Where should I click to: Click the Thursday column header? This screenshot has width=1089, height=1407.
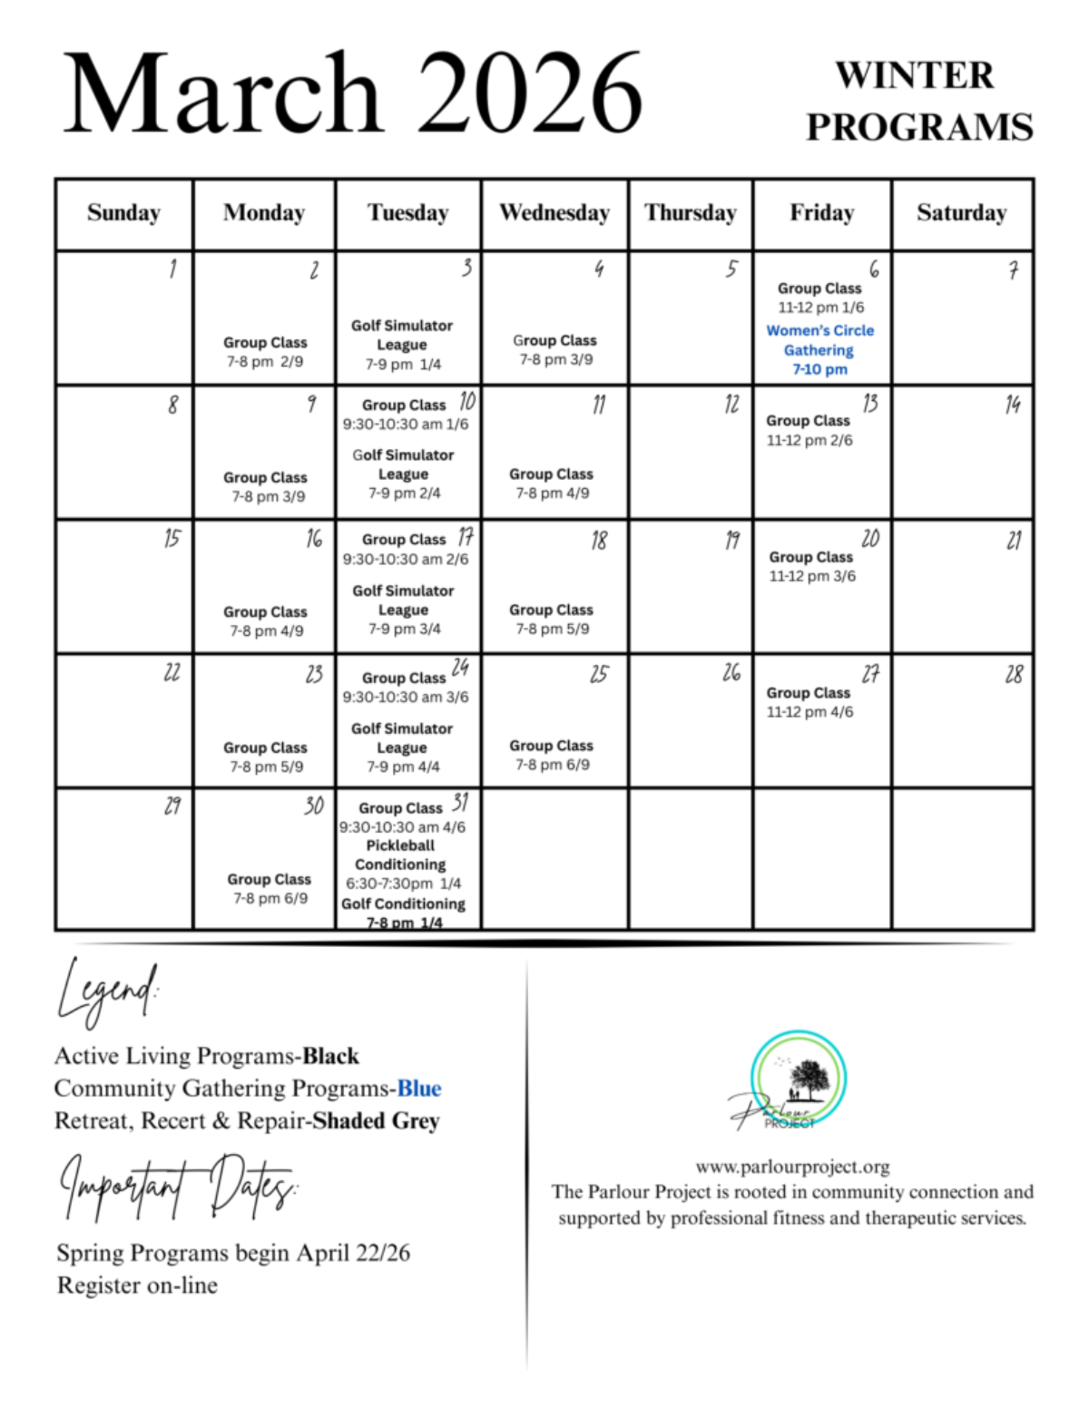[690, 213]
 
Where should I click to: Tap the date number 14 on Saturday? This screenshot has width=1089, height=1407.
[1013, 405]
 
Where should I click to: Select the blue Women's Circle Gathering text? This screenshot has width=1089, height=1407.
[819, 349]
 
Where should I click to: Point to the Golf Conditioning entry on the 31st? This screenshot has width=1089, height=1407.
[403, 913]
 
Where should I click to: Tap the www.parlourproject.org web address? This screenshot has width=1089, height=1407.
[792, 1167]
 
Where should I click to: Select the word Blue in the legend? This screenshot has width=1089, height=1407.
[419, 1089]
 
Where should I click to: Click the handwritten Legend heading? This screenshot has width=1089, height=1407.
[107, 992]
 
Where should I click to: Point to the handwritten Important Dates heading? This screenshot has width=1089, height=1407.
[179, 1187]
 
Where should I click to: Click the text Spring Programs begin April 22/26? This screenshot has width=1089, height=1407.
[233, 1253]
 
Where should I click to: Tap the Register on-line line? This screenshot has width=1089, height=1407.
[137, 1285]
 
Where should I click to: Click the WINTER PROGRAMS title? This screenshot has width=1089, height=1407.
[918, 101]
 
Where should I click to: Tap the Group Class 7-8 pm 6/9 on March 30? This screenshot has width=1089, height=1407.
[270, 888]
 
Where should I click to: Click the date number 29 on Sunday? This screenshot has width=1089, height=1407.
[172, 806]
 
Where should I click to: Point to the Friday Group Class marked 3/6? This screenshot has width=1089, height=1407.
[812, 566]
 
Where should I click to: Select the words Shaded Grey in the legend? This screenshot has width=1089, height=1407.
[376, 1121]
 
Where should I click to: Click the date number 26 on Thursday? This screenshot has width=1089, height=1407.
[731, 672]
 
